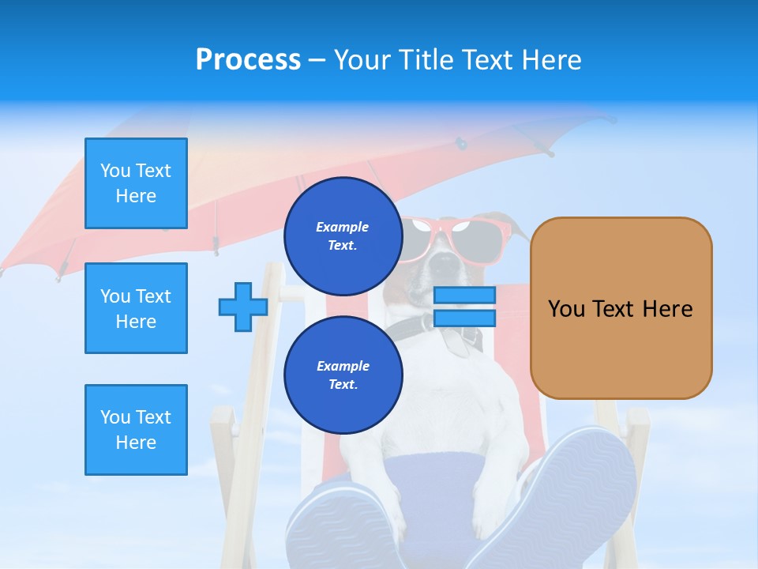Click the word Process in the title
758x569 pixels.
click(x=248, y=60)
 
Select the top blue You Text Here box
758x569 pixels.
click(x=136, y=183)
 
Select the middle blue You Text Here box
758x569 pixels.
click(x=136, y=308)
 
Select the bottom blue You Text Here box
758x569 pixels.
click(x=136, y=430)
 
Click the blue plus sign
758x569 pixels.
click(x=242, y=307)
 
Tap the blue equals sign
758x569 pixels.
click(x=464, y=307)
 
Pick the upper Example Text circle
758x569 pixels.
click(x=343, y=236)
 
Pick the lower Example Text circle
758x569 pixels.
click(x=343, y=375)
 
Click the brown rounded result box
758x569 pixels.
click(x=621, y=308)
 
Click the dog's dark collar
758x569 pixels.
click(x=442, y=332)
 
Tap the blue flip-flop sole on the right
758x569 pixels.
click(x=576, y=490)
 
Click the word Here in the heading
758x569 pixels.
click(x=553, y=60)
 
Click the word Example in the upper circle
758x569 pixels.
click(x=343, y=227)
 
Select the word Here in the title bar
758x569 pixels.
click(x=553, y=60)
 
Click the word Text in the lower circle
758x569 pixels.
click(x=343, y=385)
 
